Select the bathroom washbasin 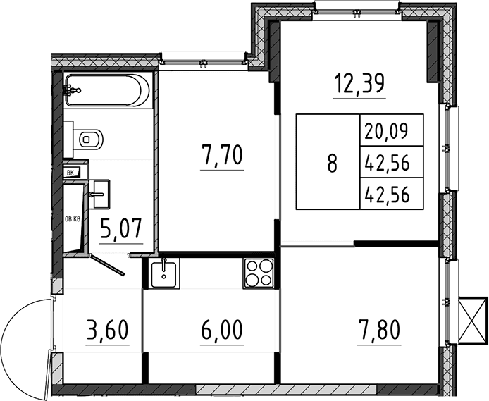99,194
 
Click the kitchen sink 163,273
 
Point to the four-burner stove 259,273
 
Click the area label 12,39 359,84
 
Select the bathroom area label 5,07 121,228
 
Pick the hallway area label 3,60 108,330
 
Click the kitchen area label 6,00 222,330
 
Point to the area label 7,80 379,330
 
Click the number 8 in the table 333,163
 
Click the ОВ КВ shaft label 73,219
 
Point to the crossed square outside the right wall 473,321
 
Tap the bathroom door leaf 107,265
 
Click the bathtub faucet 72,90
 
